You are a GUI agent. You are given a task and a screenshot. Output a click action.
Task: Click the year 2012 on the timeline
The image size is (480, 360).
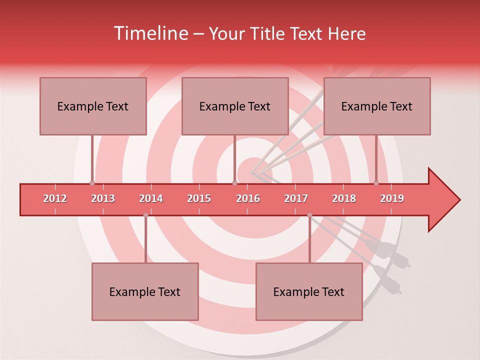click(55, 198)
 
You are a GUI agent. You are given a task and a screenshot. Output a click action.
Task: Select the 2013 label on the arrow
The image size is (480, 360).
click(103, 198)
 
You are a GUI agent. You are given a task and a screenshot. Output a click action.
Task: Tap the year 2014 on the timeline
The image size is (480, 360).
click(151, 198)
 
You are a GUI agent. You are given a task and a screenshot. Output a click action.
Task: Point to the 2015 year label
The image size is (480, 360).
click(199, 198)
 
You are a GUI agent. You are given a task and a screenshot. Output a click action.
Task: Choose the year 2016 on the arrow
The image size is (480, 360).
click(248, 198)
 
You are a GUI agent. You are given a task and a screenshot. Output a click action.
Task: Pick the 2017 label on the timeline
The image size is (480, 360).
click(296, 198)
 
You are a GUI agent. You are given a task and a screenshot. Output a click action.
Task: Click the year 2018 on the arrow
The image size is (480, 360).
click(344, 198)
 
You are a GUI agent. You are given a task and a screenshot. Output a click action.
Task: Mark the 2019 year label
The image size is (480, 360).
click(392, 198)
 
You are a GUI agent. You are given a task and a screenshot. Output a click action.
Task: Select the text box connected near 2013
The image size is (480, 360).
click(93, 106)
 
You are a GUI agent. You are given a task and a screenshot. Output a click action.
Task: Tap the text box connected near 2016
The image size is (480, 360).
click(235, 106)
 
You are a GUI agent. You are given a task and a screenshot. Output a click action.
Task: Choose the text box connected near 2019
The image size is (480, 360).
click(377, 106)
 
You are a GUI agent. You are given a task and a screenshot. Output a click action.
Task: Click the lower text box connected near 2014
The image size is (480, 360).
click(145, 291)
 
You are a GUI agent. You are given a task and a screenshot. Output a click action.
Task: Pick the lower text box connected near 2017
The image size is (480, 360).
click(309, 291)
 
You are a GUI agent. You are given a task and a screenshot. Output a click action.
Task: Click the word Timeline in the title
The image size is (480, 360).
click(150, 33)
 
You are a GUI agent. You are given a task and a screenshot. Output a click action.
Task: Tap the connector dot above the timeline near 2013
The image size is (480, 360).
click(92, 183)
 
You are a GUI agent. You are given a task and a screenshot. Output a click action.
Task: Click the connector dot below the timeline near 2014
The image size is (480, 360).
click(145, 215)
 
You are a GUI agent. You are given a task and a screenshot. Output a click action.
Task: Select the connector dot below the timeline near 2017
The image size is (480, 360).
click(309, 215)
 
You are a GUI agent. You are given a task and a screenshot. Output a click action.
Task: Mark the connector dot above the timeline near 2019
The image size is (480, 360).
click(376, 183)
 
